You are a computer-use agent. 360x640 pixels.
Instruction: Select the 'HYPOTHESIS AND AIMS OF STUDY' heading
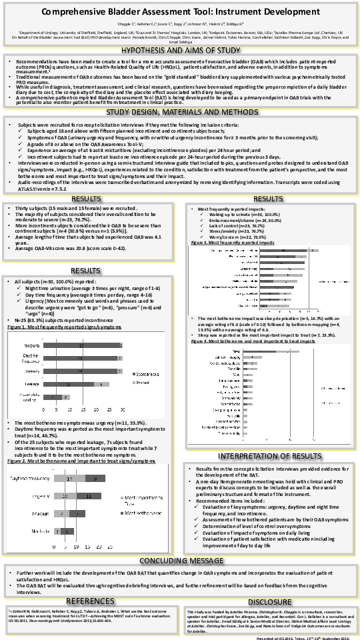tap(180, 49)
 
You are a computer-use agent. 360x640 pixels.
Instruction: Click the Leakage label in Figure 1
tap(33, 385)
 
